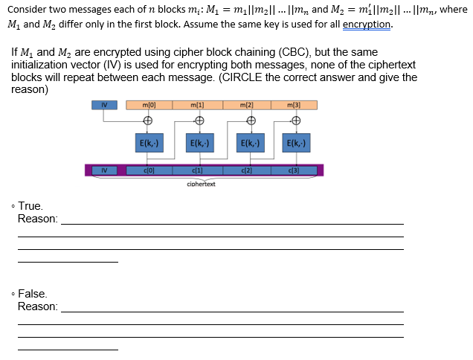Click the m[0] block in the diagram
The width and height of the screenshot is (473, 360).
coord(148,105)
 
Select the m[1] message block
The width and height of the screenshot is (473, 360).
coord(197,105)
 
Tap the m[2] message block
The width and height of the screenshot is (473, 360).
coord(247,105)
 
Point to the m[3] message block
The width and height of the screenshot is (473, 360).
coord(295,105)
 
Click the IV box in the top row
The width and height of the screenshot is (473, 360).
coord(105,105)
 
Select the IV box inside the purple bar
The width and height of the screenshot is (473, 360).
coord(104,170)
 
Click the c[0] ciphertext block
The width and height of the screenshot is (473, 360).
coord(148,170)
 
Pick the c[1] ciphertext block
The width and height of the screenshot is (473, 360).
coord(197,170)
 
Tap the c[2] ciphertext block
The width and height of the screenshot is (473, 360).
coord(247,170)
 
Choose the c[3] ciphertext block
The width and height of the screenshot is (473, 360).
coord(295,170)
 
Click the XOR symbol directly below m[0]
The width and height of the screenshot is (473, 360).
coord(148,121)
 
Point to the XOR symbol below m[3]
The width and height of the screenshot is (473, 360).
coord(296,121)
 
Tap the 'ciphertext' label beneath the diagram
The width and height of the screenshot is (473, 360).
coord(201,184)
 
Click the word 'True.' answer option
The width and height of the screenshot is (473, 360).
coord(31,206)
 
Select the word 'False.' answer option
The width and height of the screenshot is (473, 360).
coord(33,294)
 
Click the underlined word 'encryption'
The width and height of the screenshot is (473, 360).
coord(367,23)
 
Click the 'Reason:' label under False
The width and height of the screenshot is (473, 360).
coord(38,306)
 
